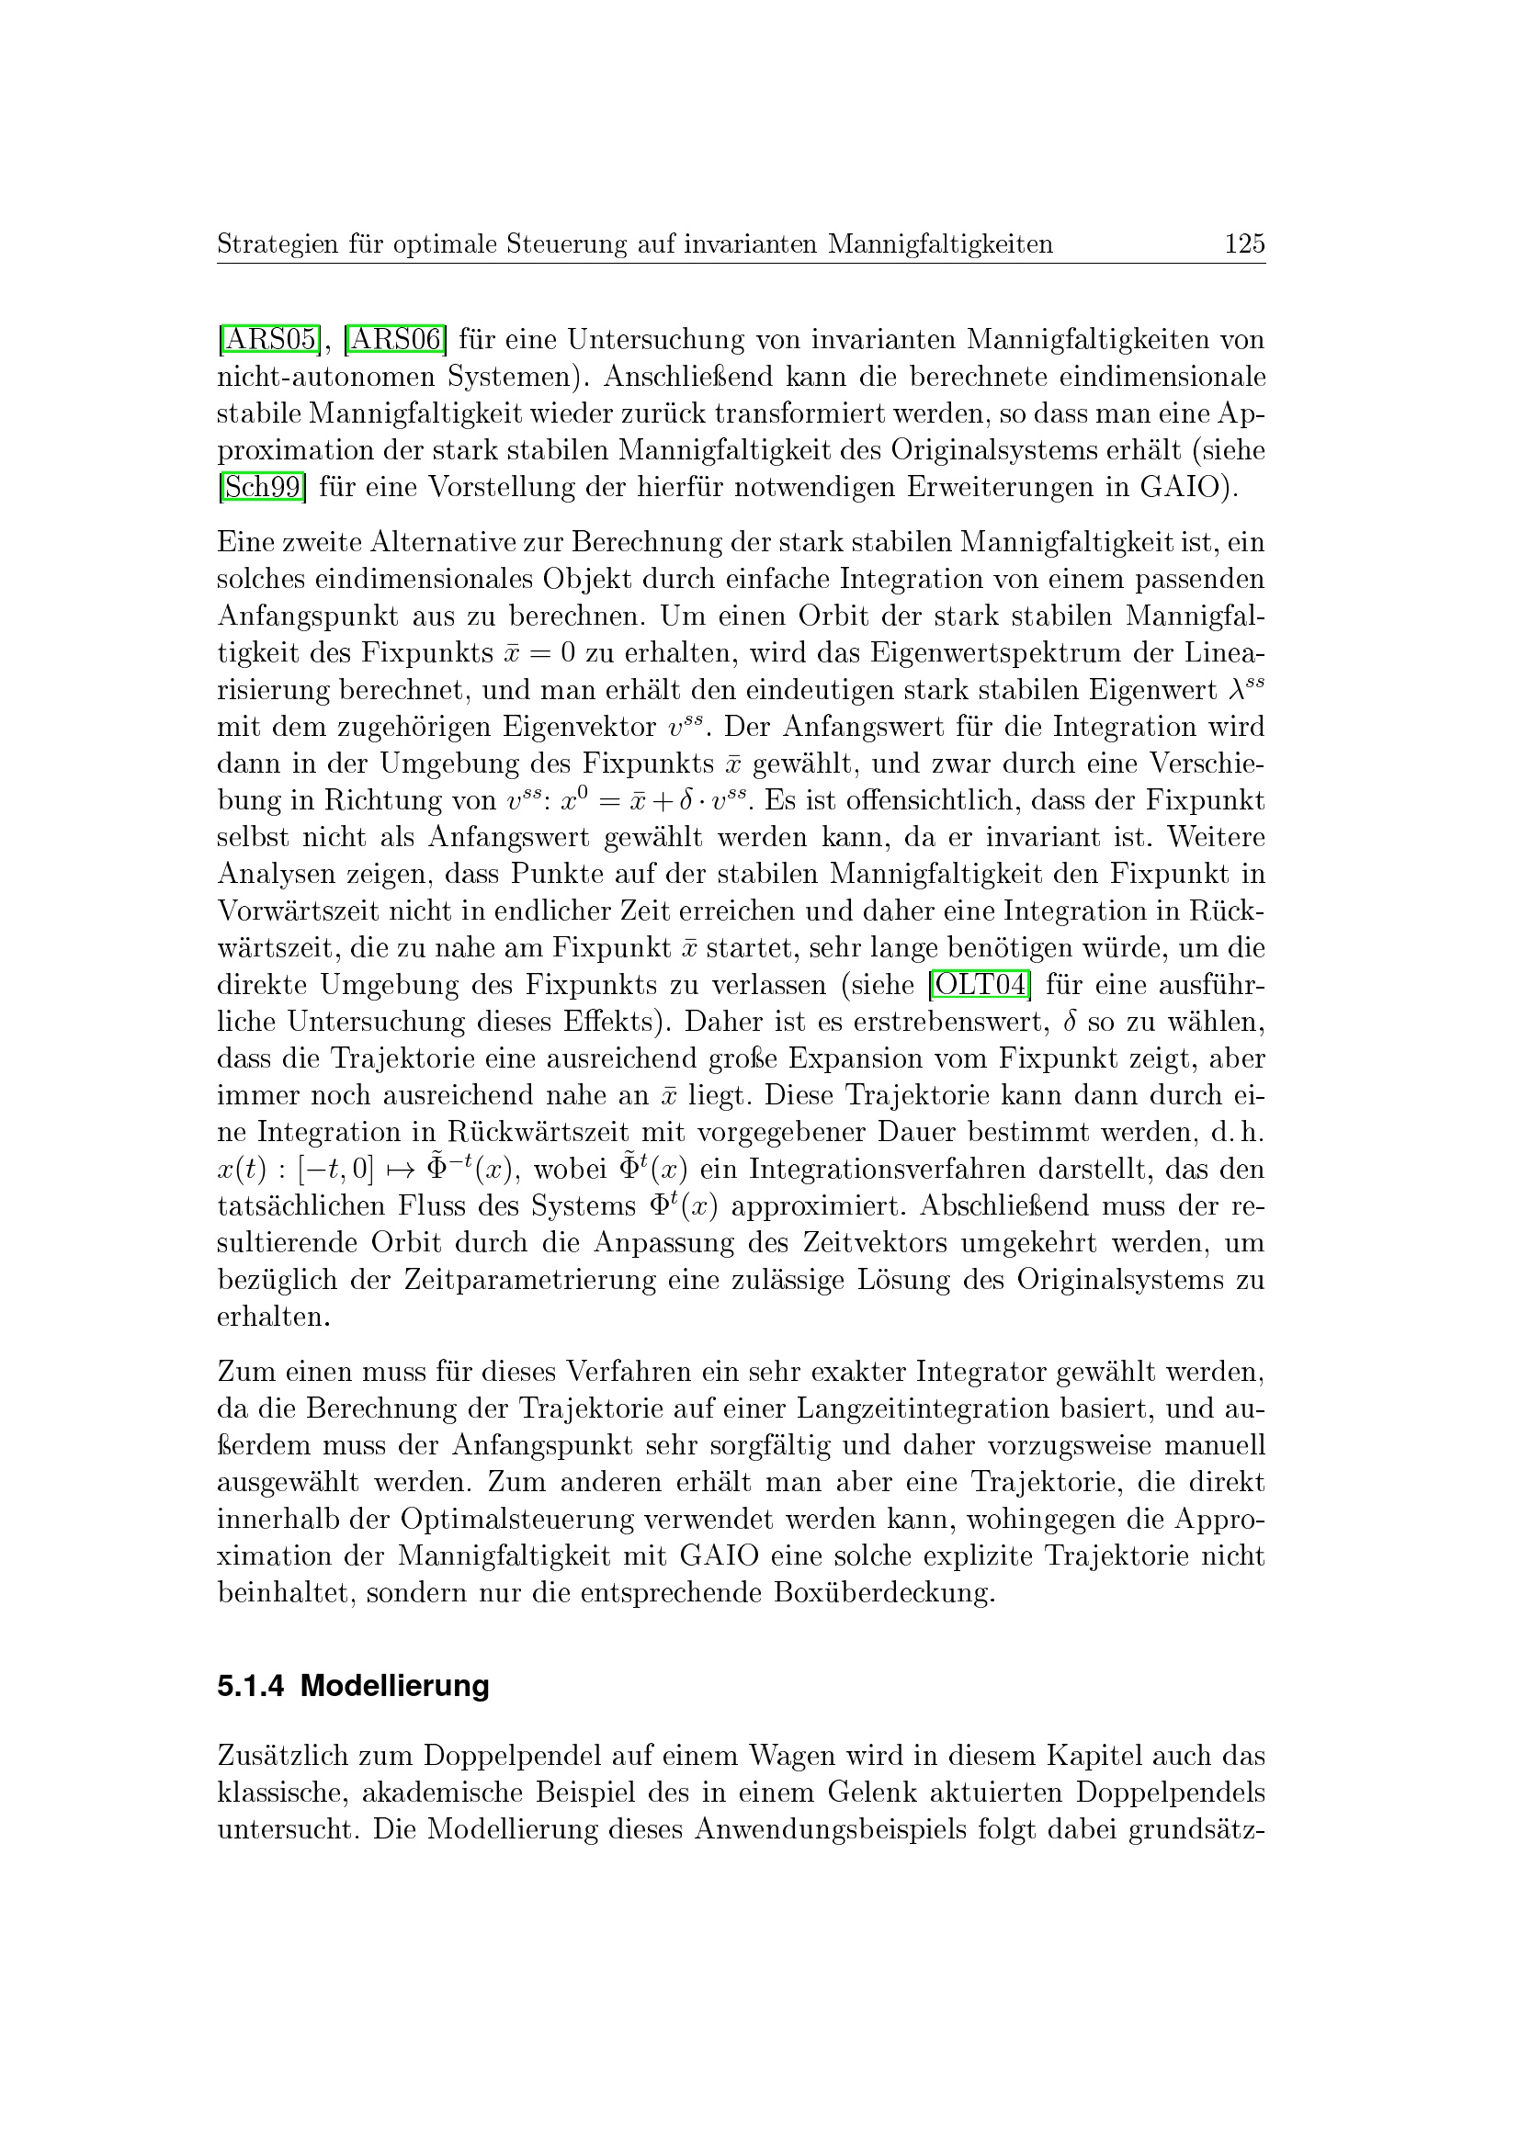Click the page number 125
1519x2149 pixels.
click(1244, 244)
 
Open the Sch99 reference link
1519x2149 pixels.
click(262, 487)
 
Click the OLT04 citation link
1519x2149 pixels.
click(978, 985)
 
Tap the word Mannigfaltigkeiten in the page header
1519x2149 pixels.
click(940, 245)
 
